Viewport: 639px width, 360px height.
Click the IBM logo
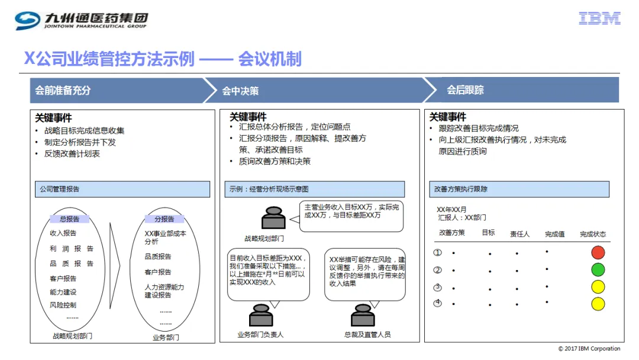[x=599, y=18]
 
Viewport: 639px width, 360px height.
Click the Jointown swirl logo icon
[x=27, y=20]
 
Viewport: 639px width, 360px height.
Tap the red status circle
[x=598, y=252]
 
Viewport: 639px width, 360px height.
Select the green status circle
[x=598, y=269]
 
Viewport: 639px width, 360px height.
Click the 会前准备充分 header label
[x=63, y=90]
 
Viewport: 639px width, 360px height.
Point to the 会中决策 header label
[x=240, y=91]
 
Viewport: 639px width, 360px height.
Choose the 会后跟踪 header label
[x=465, y=90]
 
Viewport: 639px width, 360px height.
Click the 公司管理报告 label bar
[x=122, y=189]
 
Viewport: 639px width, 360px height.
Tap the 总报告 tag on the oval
[x=69, y=219]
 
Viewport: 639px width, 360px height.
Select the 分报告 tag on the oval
[x=164, y=219]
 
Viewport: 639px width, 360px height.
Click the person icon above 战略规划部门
[x=273, y=218]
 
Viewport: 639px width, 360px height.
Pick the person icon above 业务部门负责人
[x=261, y=315]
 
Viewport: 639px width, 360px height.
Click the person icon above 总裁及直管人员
[x=363, y=315]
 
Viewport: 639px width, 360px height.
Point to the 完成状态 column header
[x=593, y=234]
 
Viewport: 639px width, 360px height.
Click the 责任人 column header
[x=519, y=234]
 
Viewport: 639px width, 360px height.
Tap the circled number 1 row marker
[x=437, y=252]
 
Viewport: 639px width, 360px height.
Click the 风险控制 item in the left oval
[x=63, y=305]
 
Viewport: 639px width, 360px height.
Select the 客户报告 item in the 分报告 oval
[x=158, y=272]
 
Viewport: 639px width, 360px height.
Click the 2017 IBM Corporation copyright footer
[x=589, y=349]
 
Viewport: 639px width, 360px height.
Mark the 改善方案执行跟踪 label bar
[x=519, y=189]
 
